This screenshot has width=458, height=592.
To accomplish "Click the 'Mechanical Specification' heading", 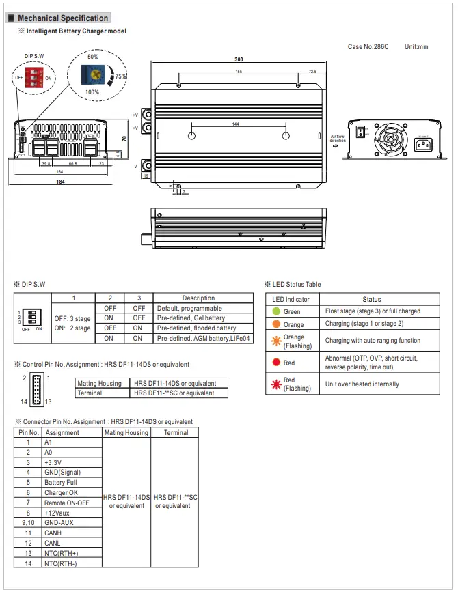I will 62,18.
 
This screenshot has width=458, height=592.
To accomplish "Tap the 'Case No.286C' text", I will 368,47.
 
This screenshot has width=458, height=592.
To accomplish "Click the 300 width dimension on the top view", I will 239,60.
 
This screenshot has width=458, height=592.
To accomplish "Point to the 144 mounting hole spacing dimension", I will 236,124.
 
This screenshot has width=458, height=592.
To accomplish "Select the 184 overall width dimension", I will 61,182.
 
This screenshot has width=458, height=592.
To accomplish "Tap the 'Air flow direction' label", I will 338,139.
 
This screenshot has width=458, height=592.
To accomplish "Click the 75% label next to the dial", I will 121,77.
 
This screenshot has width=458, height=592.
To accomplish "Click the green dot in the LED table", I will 276,312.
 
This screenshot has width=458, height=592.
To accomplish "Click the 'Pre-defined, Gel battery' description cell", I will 191,318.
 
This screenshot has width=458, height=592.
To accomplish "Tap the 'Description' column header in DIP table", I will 198,298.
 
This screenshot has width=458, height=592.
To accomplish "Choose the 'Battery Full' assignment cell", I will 61,482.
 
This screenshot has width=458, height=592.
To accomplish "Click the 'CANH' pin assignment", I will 53,533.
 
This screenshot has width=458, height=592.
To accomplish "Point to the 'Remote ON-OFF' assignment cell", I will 66,503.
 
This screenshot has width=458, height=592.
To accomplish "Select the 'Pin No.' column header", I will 29,432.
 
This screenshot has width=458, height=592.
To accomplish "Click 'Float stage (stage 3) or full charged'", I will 373,311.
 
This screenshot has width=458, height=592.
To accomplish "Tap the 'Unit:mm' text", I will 416,47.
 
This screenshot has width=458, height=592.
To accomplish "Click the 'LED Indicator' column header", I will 291,299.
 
